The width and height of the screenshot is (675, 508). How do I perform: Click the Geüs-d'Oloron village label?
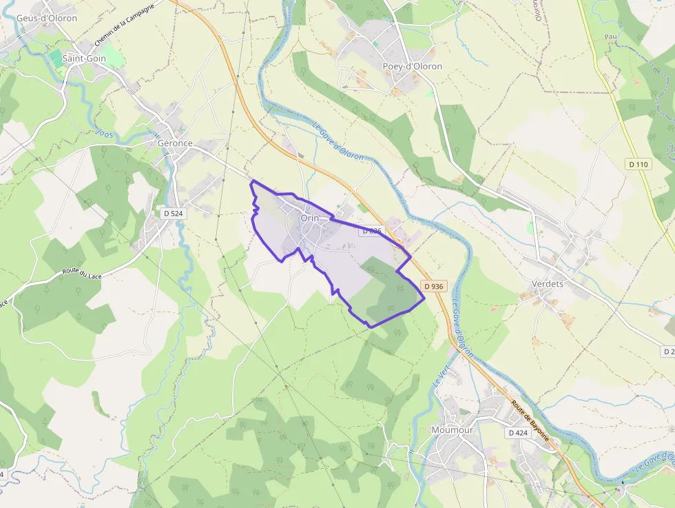pyautogui.click(x=47, y=18)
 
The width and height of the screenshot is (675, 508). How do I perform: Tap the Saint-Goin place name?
pyautogui.click(x=84, y=59)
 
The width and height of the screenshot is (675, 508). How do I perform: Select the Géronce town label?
pyautogui.click(x=175, y=143)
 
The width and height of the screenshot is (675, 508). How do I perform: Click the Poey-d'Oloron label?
pyautogui.click(x=412, y=66)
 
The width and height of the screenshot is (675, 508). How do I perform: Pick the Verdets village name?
pyautogui.click(x=548, y=283)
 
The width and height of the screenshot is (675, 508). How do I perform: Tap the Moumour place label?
pyautogui.click(x=452, y=429)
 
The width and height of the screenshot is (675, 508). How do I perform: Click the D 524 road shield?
pyautogui.click(x=174, y=214)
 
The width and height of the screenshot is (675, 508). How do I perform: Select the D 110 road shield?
pyautogui.click(x=638, y=164)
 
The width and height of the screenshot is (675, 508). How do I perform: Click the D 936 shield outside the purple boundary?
pyautogui.click(x=435, y=286)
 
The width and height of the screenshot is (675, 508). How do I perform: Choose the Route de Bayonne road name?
pyautogui.click(x=531, y=418)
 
